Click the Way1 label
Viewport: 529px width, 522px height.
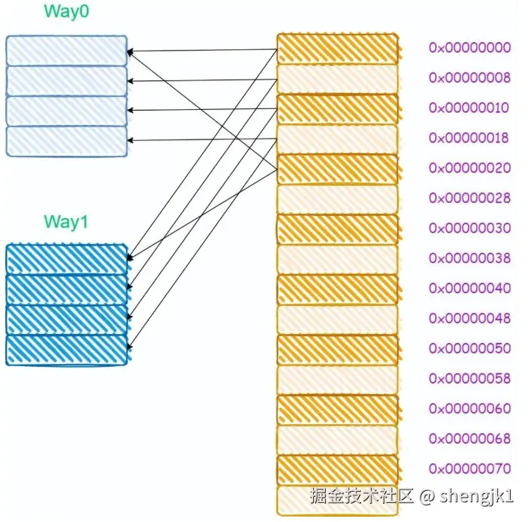(x=67, y=221)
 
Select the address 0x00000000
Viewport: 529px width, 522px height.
(x=470, y=48)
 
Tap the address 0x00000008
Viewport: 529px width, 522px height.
(x=470, y=77)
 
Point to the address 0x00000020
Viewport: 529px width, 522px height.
(x=470, y=167)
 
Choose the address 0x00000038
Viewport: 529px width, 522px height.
(x=470, y=258)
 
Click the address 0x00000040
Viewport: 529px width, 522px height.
(x=470, y=288)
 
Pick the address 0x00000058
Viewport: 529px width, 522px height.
(x=470, y=378)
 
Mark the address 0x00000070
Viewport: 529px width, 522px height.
(x=470, y=469)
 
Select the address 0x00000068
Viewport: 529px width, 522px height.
(x=470, y=439)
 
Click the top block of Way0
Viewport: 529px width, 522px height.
(x=67, y=51)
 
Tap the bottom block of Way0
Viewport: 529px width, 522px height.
(x=67, y=141)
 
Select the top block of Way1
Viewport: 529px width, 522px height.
(x=67, y=259)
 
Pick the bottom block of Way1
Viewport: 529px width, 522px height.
(x=67, y=350)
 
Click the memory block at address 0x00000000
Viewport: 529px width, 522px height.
(x=337, y=48)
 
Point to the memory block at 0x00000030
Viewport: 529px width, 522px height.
(x=337, y=229)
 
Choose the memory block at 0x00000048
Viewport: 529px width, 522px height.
(x=337, y=319)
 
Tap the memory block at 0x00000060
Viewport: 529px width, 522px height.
(x=337, y=409)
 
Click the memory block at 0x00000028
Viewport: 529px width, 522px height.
(x=337, y=198)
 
